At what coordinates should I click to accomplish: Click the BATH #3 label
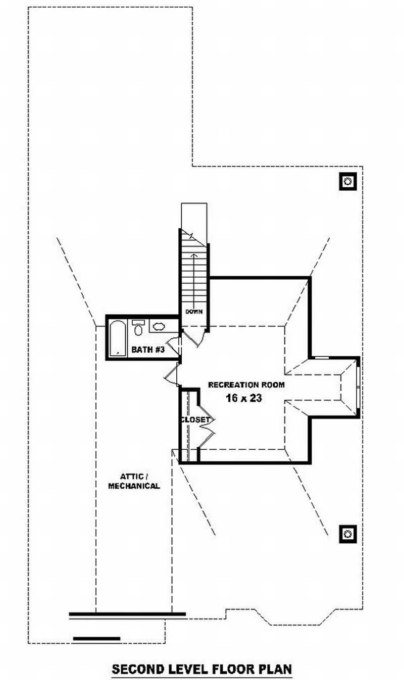[148, 349]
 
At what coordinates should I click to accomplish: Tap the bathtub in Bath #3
[118, 337]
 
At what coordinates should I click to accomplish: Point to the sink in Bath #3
[158, 326]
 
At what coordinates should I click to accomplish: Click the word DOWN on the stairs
[194, 311]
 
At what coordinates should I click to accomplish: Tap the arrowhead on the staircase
[194, 255]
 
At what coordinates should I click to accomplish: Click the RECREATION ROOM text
[246, 385]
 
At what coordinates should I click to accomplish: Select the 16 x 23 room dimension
[243, 398]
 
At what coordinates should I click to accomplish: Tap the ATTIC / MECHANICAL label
[134, 481]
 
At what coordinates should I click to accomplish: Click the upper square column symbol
[348, 181]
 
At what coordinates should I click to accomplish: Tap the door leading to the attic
[172, 374]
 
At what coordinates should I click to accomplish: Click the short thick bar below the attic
[96, 639]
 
